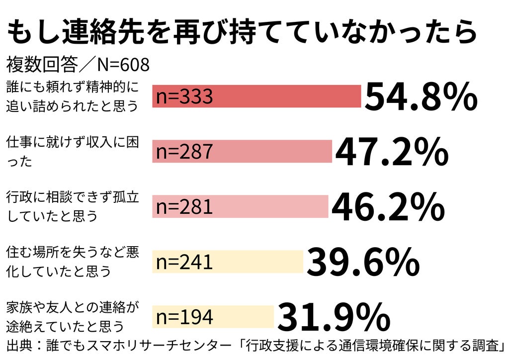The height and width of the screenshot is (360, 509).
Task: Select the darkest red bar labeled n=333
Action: [x=257, y=96]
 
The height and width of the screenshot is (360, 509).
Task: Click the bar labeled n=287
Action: [x=242, y=151]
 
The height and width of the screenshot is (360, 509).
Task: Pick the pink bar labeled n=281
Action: [x=240, y=206]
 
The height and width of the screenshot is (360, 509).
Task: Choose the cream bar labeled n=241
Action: [x=228, y=262]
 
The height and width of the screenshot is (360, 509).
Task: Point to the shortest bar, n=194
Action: [x=213, y=317]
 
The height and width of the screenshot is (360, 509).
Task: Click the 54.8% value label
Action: [x=421, y=97]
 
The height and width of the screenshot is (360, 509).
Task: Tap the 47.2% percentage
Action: [x=392, y=152]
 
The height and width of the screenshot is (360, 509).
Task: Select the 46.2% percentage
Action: [x=388, y=207]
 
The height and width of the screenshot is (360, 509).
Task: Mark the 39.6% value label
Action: [x=363, y=262]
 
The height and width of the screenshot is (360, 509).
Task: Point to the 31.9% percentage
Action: [x=334, y=317]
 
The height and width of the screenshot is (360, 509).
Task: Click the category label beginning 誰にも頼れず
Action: [x=73, y=96]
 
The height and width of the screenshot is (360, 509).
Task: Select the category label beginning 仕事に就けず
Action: [x=73, y=152]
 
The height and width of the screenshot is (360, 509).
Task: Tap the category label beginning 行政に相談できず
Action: [x=73, y=207]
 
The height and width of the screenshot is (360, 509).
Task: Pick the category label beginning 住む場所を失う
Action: [x=73, y=262]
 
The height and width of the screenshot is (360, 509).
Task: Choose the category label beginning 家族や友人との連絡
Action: [x=73, y=317]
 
